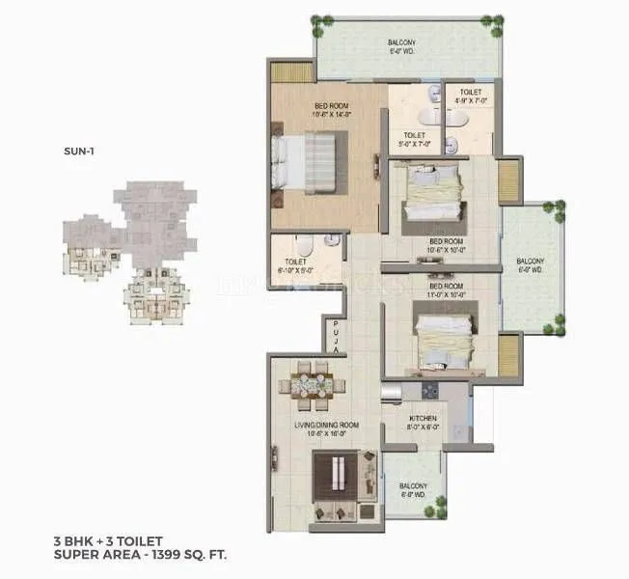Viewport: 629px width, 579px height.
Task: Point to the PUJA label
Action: tap(335, 337)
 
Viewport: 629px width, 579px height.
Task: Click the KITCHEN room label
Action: tap(424, 422)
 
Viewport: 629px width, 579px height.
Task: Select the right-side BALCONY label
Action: tap(530, 265)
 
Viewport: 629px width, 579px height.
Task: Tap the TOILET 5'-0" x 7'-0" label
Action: tap(415, 141)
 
